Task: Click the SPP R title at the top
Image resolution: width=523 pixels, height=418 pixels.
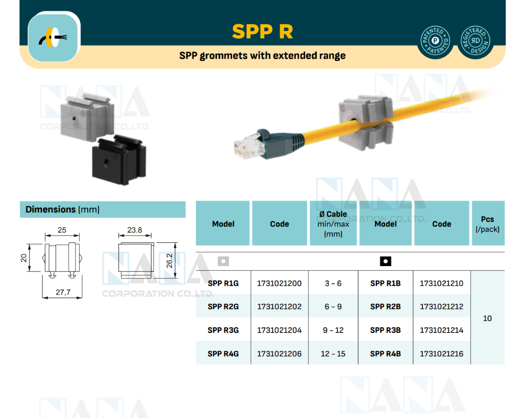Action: pos(262,31)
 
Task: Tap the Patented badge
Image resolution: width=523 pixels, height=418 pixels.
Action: pos(435,42)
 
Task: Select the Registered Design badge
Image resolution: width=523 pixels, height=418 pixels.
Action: pos(475,42)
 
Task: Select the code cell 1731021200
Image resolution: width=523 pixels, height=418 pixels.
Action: pos(279,283)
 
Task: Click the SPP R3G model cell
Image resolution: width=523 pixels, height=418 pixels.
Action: pos(223,330)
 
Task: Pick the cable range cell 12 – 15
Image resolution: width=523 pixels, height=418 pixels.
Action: pos(333,353)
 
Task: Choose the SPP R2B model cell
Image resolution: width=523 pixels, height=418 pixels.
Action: pos(385,307)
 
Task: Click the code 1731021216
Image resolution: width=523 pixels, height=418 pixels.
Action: pos(441,353)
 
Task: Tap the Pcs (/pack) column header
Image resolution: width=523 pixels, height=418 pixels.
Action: pos(487,224)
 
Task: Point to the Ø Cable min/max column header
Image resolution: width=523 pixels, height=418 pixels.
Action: pos(333,224)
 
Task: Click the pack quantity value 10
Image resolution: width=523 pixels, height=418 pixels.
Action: pos(487,318)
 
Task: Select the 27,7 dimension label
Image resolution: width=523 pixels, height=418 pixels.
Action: pos(63,292)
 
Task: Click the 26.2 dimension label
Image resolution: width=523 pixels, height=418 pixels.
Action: pos(169,261)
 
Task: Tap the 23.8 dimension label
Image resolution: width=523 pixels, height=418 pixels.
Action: pos(134,230)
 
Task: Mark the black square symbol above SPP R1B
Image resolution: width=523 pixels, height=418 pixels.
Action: pos(385,262)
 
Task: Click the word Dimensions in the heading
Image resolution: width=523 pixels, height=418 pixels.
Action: pos(50,210)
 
